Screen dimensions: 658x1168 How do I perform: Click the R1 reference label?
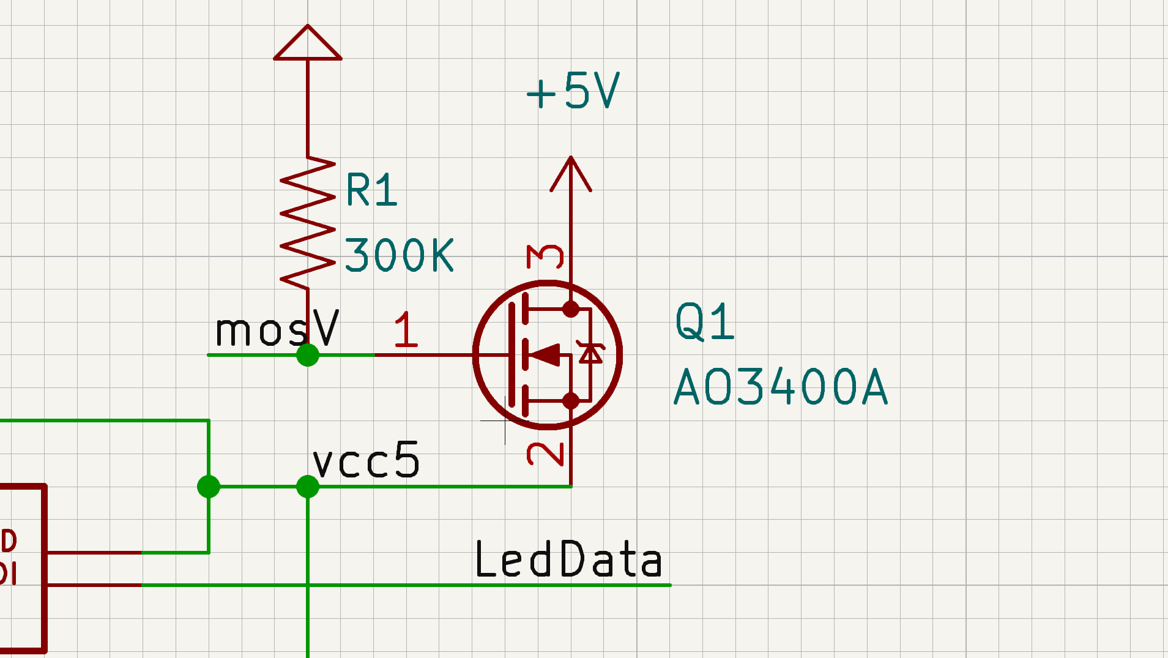pos(371,190)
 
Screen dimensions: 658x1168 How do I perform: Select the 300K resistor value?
pos(399,255)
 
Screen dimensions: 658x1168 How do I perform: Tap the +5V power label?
pos(573,91)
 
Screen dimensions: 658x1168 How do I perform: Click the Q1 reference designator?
pos(704,321)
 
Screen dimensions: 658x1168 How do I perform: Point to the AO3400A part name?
pos(780,387)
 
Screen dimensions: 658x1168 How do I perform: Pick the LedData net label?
pos(568,559)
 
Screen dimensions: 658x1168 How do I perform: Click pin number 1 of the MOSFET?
pos(406,329)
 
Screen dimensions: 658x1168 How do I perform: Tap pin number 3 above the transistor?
pos(545,256)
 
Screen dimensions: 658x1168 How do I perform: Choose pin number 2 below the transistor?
pos(545,454)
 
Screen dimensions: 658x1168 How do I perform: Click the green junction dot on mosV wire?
pos(308,355)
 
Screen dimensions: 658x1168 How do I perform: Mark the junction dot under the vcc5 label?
pos(308,487)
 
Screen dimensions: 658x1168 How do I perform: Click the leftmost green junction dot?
pos(209,487)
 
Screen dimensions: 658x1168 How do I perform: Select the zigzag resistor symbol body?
pos(308,223)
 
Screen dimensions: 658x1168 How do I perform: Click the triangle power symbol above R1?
pos(308,44)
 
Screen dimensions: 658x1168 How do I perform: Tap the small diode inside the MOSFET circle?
pos(590,354)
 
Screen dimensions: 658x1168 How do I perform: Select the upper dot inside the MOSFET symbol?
pos(571,309)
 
